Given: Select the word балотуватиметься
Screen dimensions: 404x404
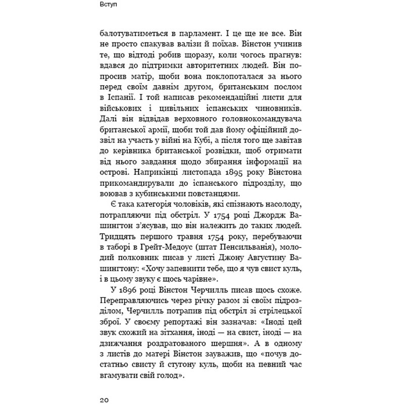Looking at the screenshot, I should click(133, 33).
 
